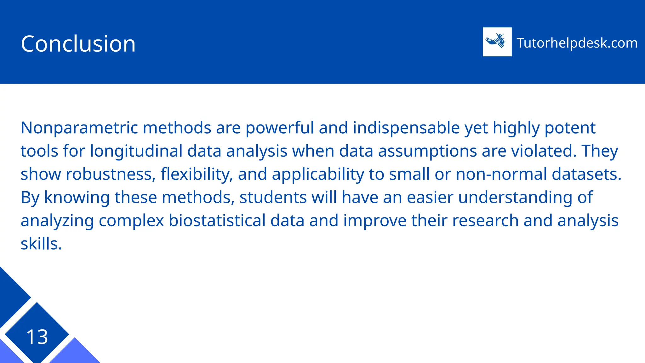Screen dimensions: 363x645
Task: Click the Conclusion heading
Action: (x=78, y=43)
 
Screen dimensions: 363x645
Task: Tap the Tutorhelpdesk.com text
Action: (x=577, y=43)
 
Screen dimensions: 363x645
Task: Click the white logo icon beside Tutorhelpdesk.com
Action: (x=497, y=42)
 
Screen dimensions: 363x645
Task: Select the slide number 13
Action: (x=37, y=337)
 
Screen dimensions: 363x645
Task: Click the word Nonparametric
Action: (x=79, y=128)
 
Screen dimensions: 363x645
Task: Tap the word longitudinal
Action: (x=136, y=151)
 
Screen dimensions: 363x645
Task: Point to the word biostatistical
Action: (x=217, y=221)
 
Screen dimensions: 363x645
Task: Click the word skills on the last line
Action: (x=41, y=244)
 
